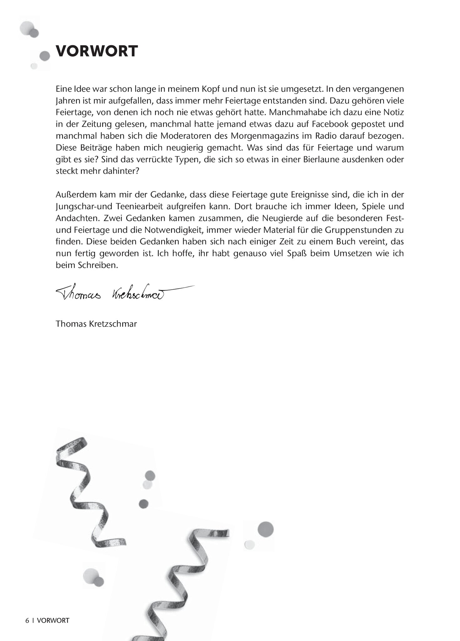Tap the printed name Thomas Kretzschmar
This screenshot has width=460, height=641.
click(x=96, y=324)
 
